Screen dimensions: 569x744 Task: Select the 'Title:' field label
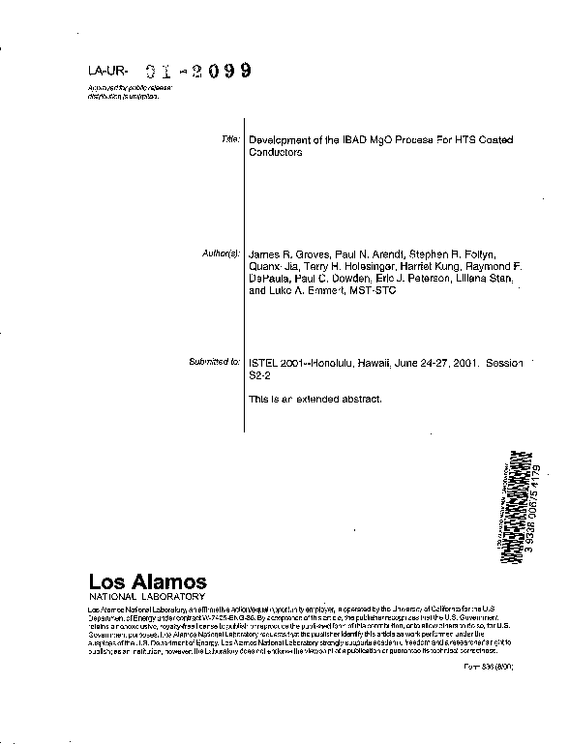(x=229, y=140)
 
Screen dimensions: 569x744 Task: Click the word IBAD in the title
(x=354, y=140)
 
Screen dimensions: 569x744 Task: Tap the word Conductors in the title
(x=276, y=153)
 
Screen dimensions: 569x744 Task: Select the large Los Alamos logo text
(x=147, y=582)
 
